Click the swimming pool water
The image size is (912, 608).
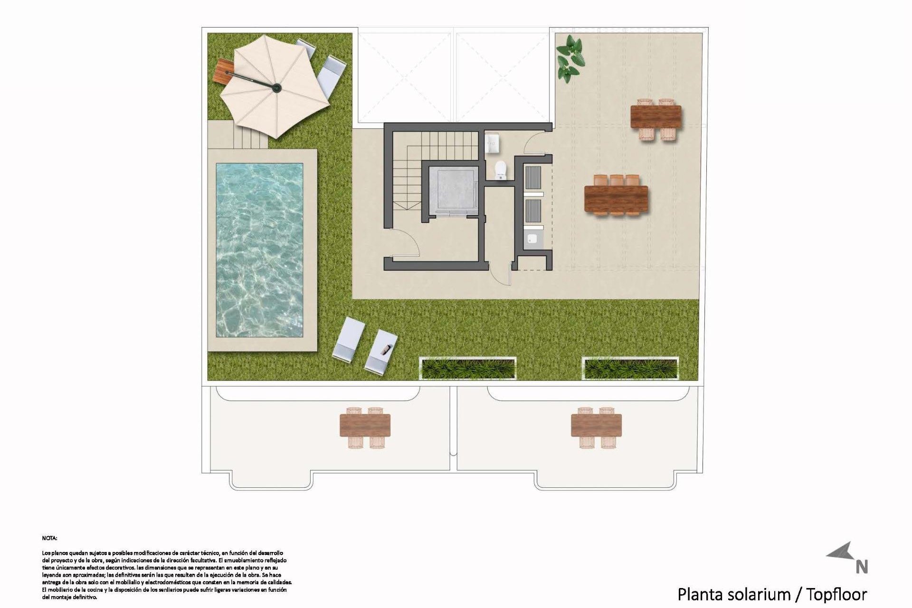[259, 250]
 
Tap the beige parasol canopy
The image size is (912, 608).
[275, 88]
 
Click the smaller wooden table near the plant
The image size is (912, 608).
[655, 117]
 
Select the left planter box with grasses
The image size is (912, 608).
[468, 368]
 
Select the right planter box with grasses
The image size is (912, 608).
[630, 369]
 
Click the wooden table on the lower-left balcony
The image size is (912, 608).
[365, 425]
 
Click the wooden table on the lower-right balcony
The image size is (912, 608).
[596, 425]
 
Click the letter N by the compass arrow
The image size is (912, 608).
[862, 567]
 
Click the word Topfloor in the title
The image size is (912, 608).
[837, 594]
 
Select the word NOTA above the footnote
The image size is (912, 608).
[49, 538]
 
